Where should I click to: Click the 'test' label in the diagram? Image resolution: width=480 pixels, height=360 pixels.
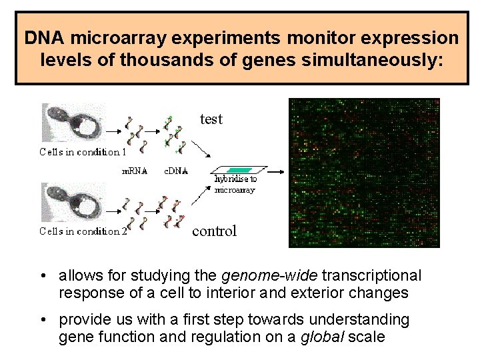click(211, 119)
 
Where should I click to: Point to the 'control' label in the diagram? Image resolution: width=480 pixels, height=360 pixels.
click(214, 231)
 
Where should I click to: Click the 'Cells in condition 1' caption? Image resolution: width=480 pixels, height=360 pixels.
click(79, 152)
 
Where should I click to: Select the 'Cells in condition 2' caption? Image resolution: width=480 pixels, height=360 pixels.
click(82, 231)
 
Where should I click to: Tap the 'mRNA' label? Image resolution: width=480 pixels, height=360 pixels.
click(134, 170)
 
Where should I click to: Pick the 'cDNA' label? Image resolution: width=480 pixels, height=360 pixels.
click(176, 170)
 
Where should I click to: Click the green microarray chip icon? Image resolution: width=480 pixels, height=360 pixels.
click(239, 170)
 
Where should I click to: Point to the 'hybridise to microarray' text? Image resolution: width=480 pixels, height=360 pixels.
click(235, 184)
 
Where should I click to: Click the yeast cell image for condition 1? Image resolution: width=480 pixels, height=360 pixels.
click(73, 123)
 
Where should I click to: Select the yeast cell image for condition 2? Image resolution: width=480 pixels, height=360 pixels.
click(73, 203)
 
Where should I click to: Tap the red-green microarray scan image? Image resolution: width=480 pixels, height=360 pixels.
click(364, 173)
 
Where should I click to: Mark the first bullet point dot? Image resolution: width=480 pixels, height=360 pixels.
click(42, 276)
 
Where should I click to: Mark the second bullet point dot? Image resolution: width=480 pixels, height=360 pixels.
click(42, 321)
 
